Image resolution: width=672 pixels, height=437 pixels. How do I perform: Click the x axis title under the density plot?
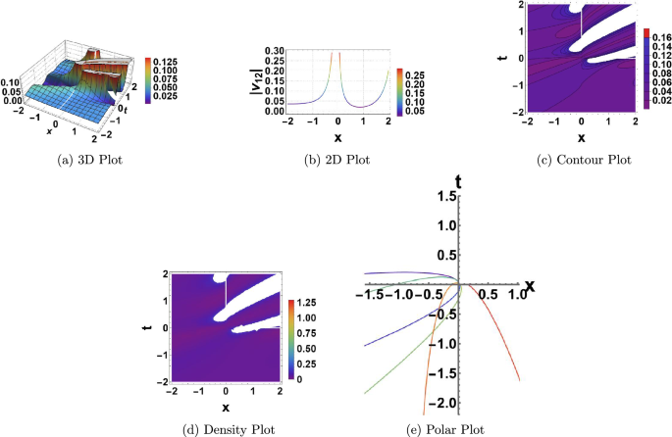click(x=226, y=405)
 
